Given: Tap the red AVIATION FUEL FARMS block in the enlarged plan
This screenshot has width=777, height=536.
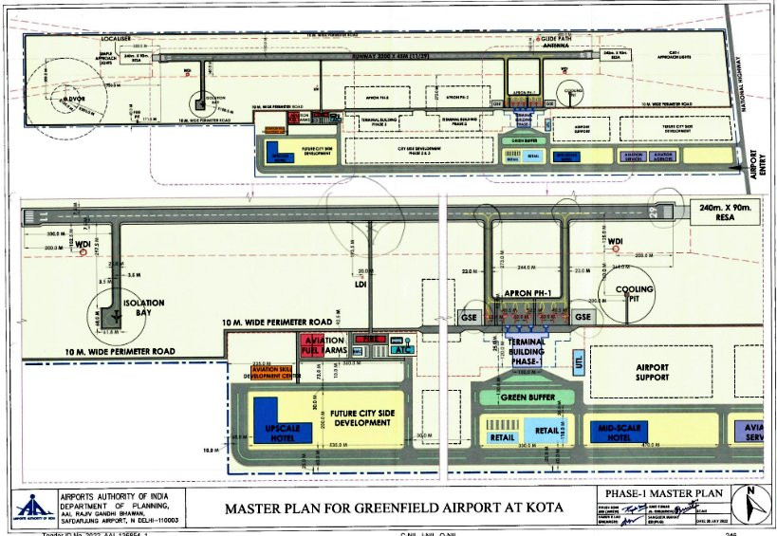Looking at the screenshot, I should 323,346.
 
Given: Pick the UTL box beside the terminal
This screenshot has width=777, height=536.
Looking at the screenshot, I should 579,362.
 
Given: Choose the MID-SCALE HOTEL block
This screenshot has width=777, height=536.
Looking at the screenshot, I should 627,432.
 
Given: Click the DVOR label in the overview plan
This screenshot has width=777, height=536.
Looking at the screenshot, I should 76,98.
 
